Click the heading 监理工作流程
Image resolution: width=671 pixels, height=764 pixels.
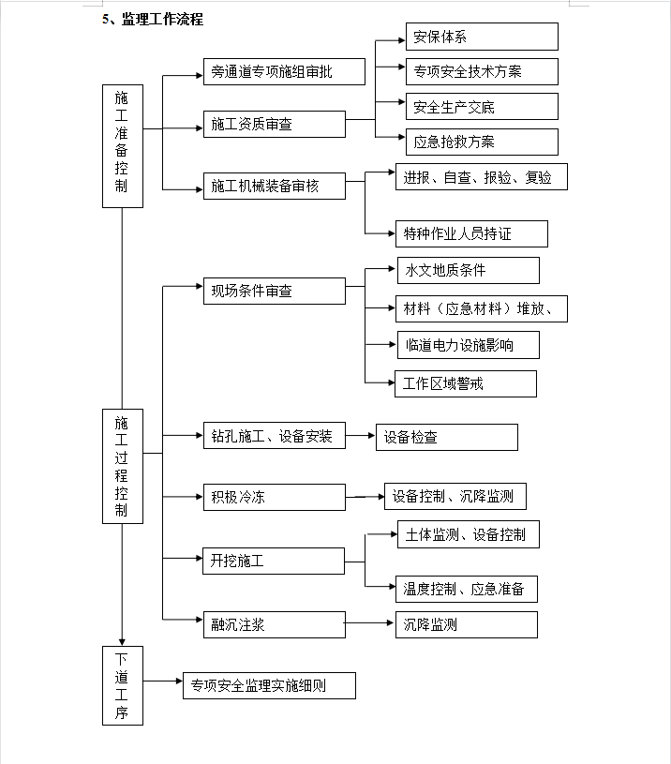(x=163, y=19)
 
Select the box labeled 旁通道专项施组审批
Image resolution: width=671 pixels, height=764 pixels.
(x=284, y=71)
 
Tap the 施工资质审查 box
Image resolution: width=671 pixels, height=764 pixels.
(x=275, y=125)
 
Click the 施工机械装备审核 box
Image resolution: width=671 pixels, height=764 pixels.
(x=275, y=186)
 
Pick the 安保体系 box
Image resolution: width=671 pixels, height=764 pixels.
(x=482, y=37)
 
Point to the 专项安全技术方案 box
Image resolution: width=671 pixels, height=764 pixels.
(x=482, y=71)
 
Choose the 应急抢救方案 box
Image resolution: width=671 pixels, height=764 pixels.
(x=482, y=142)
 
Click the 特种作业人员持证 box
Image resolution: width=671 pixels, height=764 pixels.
(x=471, y=233)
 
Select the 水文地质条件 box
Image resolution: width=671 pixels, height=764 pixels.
(x=469, y=270)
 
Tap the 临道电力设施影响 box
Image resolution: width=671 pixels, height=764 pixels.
(x=469, y=345)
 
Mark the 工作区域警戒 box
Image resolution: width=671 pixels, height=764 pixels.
(x=466, y=384)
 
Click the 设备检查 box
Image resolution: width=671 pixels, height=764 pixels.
(x=447, y=437)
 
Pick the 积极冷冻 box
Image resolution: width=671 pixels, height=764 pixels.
(x=275, y=497)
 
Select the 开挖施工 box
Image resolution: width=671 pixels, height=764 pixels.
(x=274, y=561)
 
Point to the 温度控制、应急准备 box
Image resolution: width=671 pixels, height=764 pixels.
(x=467, y=589)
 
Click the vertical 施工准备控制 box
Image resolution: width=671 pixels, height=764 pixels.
(x=123, y=146)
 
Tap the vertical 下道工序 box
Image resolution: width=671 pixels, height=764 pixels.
(x=123, y=685)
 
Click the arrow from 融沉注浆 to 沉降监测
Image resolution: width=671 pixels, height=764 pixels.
(x=369, y=622)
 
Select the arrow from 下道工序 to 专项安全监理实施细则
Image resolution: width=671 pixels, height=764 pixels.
(x=163, y=681)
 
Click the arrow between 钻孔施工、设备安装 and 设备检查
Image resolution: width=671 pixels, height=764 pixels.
(x=360, y=435)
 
